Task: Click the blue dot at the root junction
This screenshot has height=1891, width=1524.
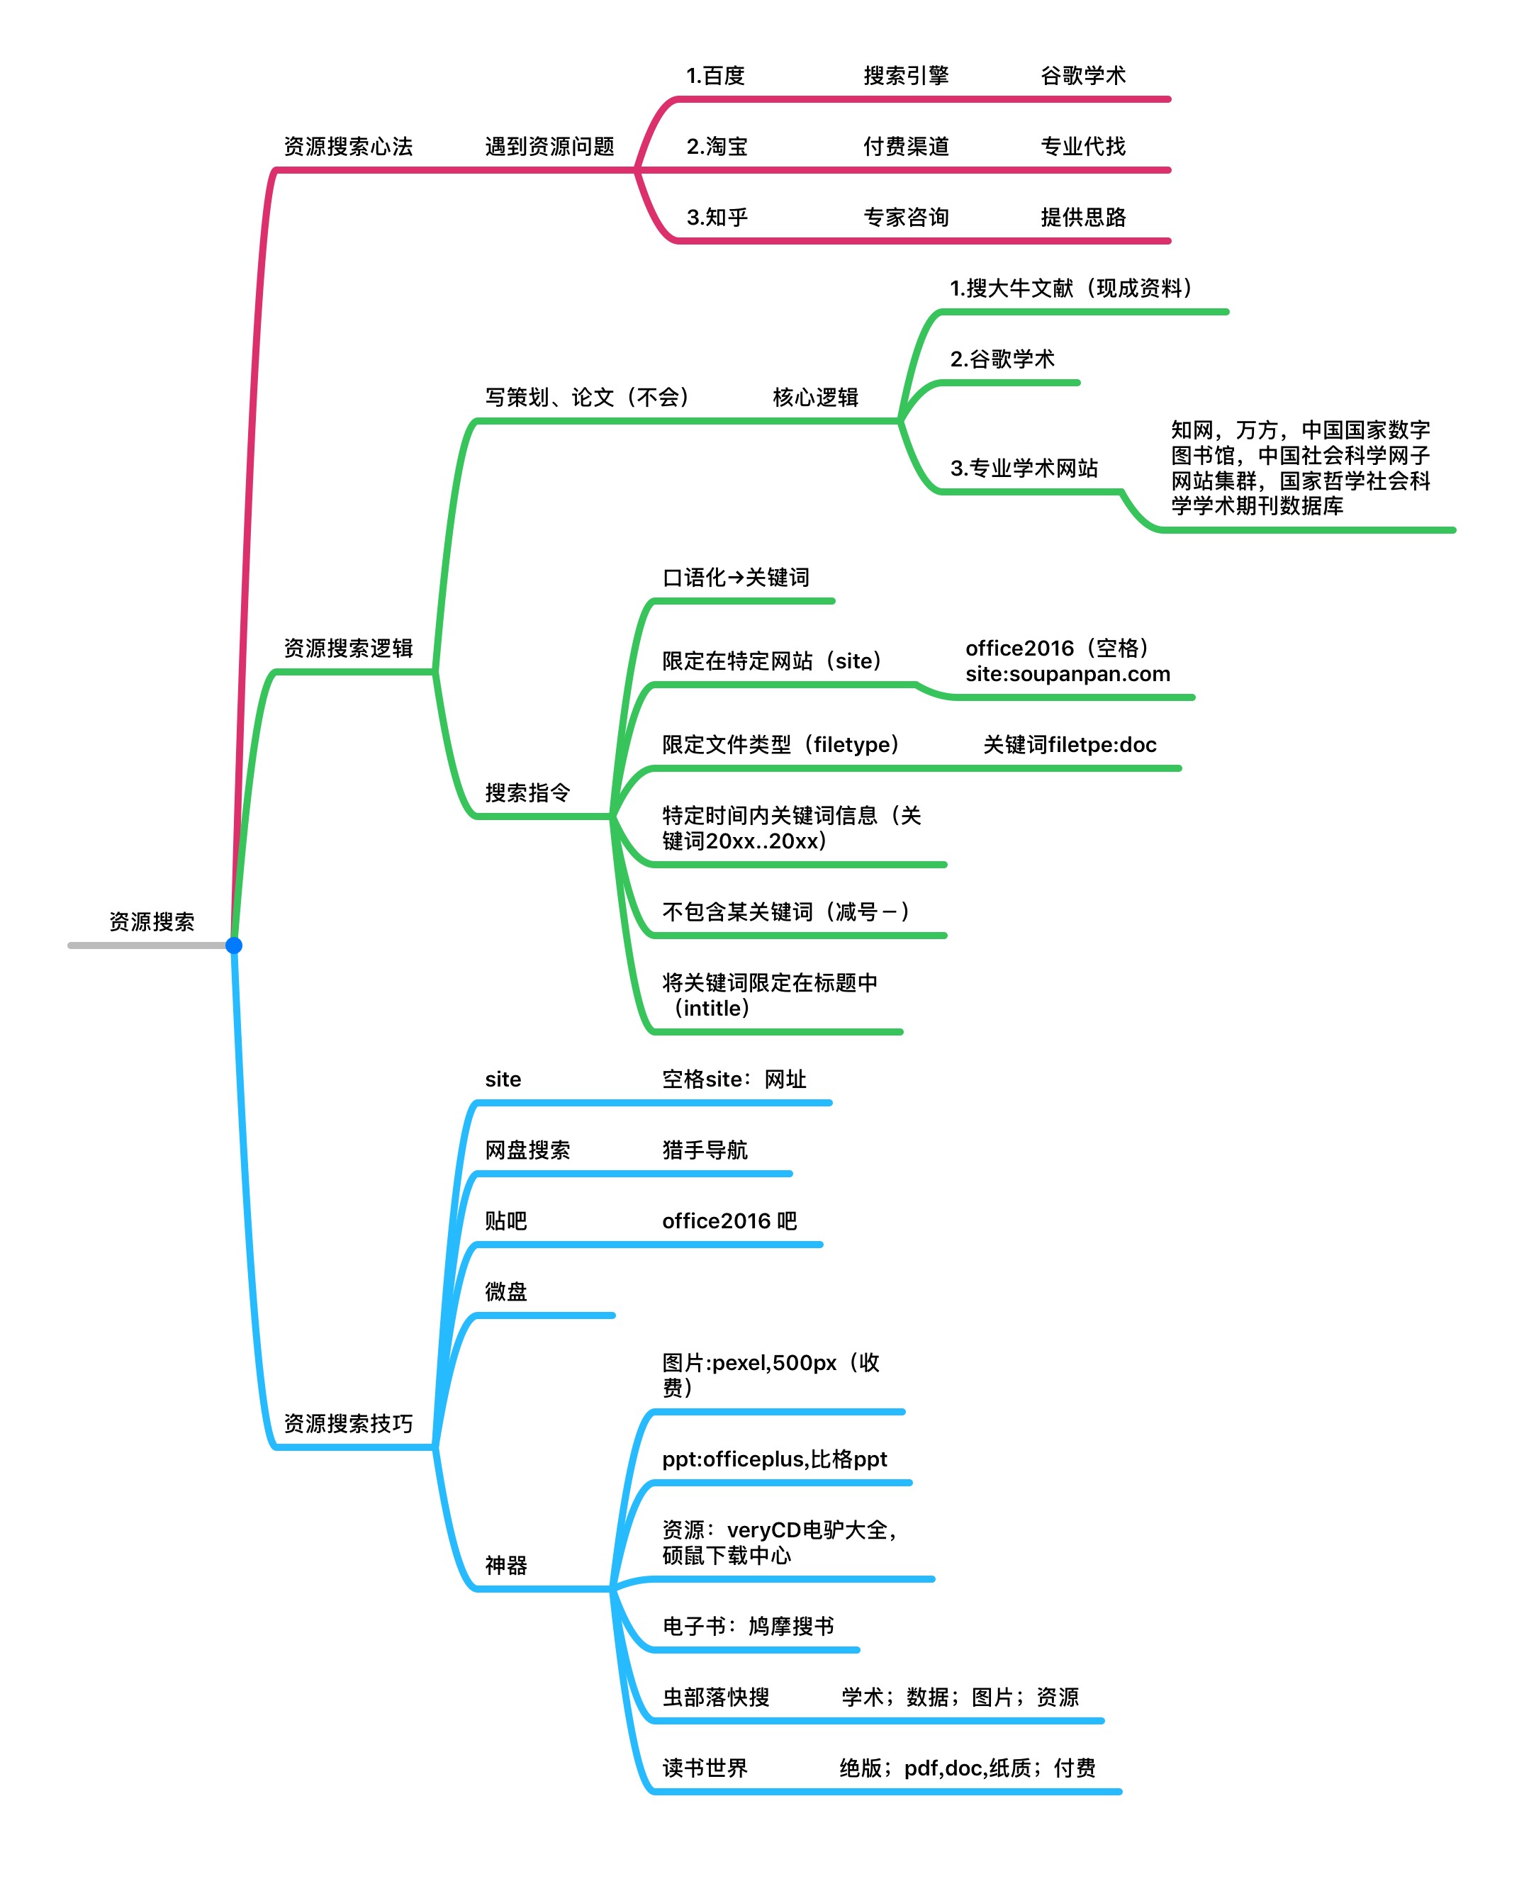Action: [x=233, y=945]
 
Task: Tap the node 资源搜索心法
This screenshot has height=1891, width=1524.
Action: [x=347, y=147]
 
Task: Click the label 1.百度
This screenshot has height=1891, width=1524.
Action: [x=715, y=76]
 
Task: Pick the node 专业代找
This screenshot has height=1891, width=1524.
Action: [x=1082, y=147]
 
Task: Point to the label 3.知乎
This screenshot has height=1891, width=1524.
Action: [x=717, y=217]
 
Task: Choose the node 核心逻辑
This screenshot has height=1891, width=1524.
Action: [x=814, y=398]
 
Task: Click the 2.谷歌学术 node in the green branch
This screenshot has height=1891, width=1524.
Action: [x=1002, y=359]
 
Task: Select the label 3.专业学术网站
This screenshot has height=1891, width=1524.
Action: [x=1024, y=468]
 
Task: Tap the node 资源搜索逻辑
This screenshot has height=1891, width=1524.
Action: [x=347, y=649]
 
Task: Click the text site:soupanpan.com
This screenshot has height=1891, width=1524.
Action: [x=1068, y=674]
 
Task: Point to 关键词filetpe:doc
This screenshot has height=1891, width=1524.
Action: [x=1069, y=744]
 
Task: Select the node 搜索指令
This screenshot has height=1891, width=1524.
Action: [x=527, y=792]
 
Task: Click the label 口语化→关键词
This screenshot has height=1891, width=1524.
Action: [x=736, y=578]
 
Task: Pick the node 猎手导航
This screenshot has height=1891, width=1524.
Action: [x=704, y=1150]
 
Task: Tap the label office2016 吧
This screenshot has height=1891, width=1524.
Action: [x=729, y=1221]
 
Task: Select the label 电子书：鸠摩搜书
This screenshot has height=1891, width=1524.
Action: [x=748, y=1626]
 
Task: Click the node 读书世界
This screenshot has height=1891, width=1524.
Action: [x=704, y=1768]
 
